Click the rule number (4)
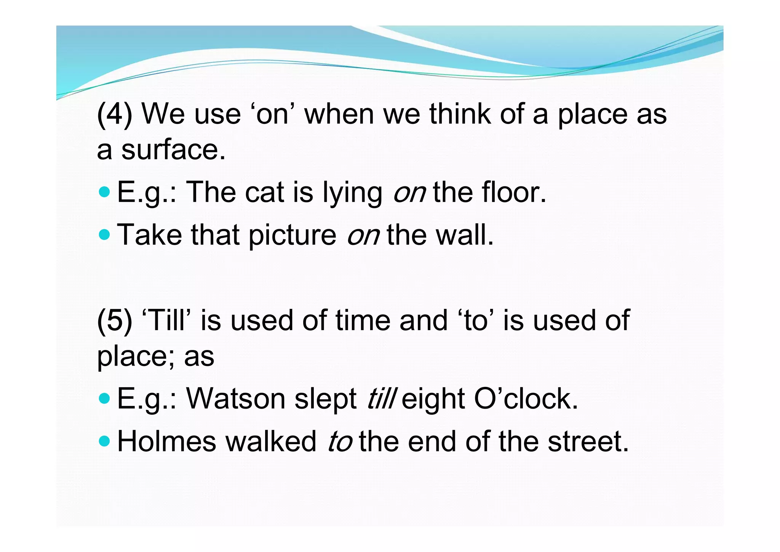[115, 114]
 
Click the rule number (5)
[115, 320]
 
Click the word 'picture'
[292, 235]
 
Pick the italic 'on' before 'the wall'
[363, 235]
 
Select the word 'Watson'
[236, 399]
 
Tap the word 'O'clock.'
[526, 399]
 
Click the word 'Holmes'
[167, 441]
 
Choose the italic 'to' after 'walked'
[340, 441]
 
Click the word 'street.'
[588, 441]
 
